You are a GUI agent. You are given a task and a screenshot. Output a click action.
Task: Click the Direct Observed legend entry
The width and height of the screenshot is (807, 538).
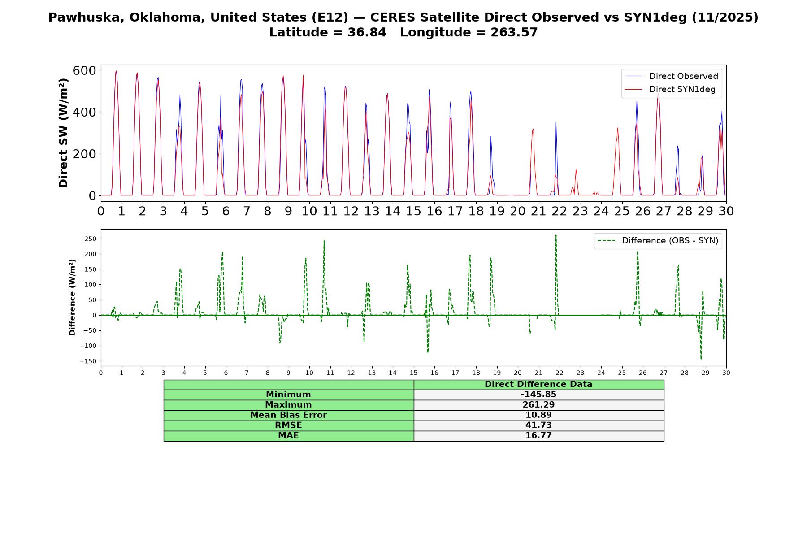tap(671, 76)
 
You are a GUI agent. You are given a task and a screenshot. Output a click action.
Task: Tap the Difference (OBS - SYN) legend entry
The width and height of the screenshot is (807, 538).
tap(658, 241)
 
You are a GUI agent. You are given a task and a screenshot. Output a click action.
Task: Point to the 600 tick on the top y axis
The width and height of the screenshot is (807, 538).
tap(84, 70)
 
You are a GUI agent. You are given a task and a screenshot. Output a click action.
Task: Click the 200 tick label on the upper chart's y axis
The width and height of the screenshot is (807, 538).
tap(84, 154)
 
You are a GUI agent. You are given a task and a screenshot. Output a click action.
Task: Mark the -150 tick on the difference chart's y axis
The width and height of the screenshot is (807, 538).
tap(88, 361)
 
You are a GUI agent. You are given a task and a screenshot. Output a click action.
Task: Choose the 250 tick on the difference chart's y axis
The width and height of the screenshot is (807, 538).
tap(91, 239)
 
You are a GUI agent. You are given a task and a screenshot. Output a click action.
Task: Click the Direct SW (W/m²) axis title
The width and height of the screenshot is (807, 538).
tap(64, 133)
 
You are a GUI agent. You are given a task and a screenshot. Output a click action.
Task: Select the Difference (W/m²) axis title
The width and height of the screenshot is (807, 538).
tap(72, 297)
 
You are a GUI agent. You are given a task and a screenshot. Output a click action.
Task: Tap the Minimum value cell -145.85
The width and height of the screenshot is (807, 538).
tap(538, 395)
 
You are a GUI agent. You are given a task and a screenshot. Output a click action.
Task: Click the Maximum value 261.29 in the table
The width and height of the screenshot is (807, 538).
tap(538, 405)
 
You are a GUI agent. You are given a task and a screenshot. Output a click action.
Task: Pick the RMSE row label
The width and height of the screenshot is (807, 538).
tap(288, 425)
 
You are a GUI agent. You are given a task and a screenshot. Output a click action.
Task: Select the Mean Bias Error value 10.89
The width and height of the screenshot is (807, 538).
tap(538, 415)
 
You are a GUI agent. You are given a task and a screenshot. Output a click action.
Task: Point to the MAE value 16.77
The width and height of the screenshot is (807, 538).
tap(538, 436)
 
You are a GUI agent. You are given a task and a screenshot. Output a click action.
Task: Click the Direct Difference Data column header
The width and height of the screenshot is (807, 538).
tap(538, 384)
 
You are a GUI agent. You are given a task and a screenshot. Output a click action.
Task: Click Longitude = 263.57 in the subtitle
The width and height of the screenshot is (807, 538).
tap(469, 32)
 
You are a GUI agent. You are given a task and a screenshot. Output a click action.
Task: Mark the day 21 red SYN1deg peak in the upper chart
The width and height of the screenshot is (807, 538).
tap(533, 129)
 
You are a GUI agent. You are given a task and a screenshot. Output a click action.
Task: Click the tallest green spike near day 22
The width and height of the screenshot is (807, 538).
tap(556, 235)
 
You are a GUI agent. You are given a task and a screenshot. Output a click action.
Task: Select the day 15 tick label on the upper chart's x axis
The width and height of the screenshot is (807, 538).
tap(413, 211)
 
